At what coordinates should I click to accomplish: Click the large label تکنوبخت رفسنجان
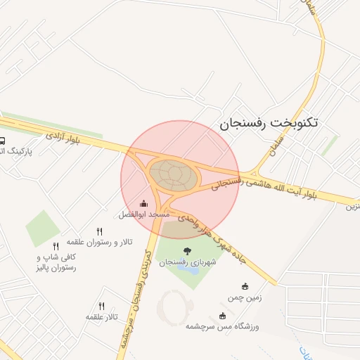pos(269,122)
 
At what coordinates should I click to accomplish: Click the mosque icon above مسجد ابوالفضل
pos(144,204)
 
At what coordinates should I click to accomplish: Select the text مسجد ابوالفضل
pos(144,213)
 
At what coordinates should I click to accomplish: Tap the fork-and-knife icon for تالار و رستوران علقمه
pos(99,231)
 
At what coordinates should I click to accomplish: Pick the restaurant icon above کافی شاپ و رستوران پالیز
pos(56,246)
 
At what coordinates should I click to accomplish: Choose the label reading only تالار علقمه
pos(101,317)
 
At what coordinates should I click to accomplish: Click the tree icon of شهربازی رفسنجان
pos(187,251)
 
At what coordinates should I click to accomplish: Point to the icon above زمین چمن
pos(245,286)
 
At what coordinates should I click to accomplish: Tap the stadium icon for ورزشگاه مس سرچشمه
pos(223,316)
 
